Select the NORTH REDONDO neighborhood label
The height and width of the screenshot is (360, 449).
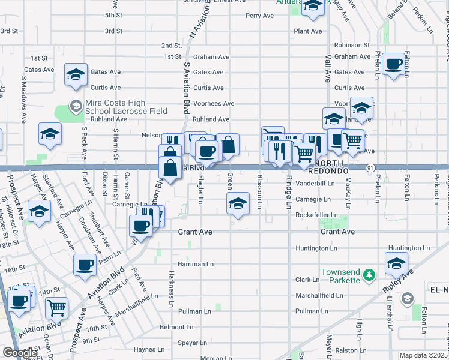(329, 167)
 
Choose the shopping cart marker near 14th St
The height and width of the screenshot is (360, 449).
(56, 308)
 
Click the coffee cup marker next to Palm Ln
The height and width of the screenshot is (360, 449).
(85, 265)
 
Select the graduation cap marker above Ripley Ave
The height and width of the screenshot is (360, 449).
(396, 263)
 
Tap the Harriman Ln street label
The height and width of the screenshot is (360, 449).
(195, 263)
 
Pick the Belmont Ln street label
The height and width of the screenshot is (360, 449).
(176, 328)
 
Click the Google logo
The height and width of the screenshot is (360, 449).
(20, 353)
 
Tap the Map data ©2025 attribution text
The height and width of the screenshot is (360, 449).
(423, 355)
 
